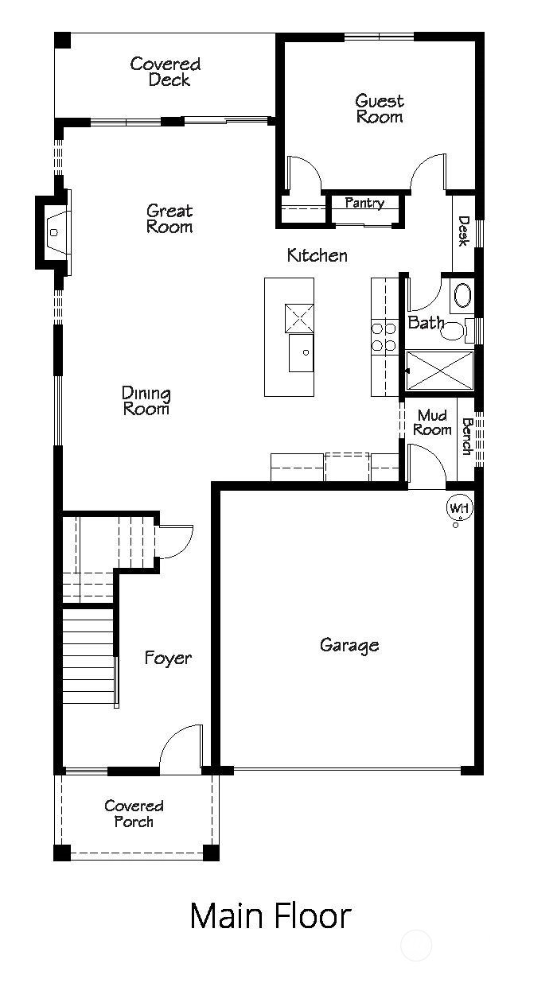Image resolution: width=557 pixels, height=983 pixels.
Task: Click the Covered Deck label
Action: [x=166, y=72]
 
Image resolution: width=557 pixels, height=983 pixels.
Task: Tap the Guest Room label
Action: [x=380, y=109]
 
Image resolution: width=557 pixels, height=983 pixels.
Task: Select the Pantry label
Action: [x=364, y=204]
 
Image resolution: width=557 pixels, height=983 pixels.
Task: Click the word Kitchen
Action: [x=317, y=255]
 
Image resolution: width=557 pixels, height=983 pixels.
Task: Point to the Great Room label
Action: [x=169, y=219]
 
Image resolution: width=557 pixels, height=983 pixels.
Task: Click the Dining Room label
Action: [x=146, y=401]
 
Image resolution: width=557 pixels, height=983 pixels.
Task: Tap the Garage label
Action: [x=349, y=645]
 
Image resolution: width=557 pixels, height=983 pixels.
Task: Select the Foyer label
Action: [x=168, y=659]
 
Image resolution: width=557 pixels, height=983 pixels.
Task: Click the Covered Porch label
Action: [x=134, y=814]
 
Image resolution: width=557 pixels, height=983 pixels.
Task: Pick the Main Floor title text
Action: [x=270, y=916]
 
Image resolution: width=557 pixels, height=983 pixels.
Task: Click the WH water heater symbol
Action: [x=458, y=508]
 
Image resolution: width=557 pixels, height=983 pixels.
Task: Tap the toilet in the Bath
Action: [x=454, y=331]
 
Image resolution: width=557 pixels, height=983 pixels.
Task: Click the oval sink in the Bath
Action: [x=462, y=297]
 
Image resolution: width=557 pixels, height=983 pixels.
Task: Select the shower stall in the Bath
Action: [x=439, y=371]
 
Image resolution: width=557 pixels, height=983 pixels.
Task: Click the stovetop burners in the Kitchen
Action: [x=385, y=336]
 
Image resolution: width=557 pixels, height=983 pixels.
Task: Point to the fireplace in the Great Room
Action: [x=52, y=232]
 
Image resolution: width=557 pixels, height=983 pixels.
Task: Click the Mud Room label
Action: [x=432, y=422]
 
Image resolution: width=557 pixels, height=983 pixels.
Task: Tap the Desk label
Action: [x=464, y=231]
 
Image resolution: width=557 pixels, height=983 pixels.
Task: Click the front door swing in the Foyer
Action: [x=181, y=746]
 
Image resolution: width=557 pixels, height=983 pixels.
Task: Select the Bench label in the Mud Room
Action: [x=468, y=436]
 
